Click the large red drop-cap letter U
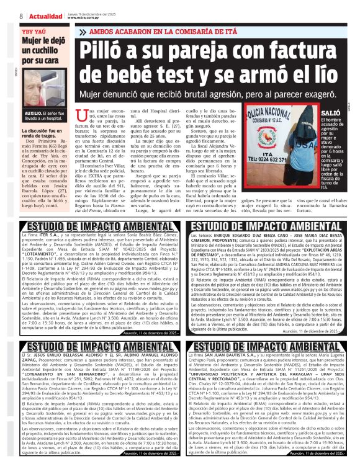[x=80, y=116]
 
